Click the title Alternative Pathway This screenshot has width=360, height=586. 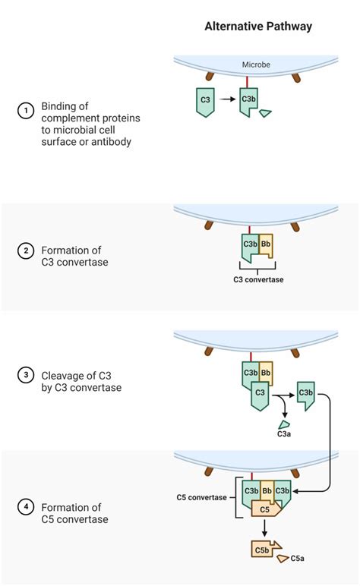(257, 26)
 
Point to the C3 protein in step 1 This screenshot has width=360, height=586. (205, 101)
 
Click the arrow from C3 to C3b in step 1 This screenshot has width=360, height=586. (226, 100)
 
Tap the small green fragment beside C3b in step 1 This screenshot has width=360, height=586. (266, 113)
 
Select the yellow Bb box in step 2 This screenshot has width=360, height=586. (265, 245)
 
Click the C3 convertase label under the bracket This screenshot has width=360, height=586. (257, 279)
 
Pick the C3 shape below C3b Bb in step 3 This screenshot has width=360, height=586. (260, 393)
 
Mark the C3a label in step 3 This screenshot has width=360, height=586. (284, 433)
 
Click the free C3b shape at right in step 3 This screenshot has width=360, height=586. (306, 395)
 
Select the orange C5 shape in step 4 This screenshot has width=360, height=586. (266, 509)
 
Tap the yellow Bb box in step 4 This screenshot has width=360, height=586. (267, 490)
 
